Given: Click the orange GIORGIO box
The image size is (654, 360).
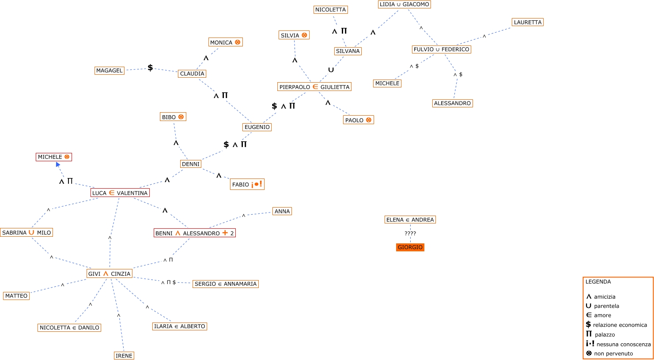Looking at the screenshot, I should click(410, 247).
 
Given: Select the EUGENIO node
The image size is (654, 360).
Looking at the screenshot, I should click(257, 127).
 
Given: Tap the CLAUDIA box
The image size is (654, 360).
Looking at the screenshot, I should click(192, 74).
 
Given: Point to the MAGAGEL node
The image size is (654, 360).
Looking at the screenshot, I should click(109, 71).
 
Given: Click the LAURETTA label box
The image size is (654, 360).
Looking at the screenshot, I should click(527, 22).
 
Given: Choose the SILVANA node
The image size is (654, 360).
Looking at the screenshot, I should click(348, 51).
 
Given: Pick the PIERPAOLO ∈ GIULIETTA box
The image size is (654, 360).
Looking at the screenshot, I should click(314, 87).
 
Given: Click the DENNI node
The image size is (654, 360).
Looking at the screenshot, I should click(191, 164).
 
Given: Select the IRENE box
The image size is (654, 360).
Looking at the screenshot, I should click(124, 356).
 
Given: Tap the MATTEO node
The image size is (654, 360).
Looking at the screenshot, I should click(16, 296).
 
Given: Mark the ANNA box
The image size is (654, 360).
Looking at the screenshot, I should click(282, 211).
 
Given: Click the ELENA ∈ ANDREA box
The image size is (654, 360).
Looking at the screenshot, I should click(410, 220).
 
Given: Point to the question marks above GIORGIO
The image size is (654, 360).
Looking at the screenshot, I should click(410, 234).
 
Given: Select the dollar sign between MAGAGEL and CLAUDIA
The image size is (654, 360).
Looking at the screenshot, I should click(150, 68).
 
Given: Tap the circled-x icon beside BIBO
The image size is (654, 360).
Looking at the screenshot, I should click(181, 117).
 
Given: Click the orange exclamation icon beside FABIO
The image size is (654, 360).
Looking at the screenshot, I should click(257, 184).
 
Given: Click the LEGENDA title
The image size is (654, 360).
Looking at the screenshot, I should click(598, 282).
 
